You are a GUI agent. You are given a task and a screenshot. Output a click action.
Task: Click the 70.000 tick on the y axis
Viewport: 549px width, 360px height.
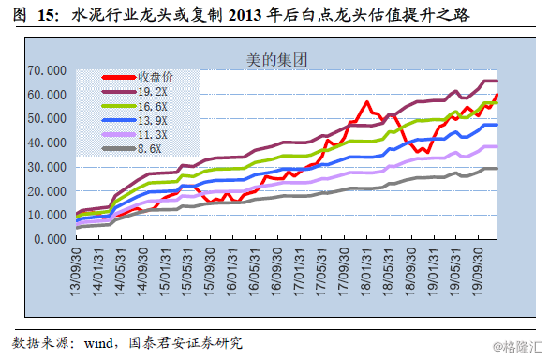(x=45, y=71)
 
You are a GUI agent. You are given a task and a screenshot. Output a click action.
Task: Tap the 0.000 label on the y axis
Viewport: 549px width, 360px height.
(x=48, y=239)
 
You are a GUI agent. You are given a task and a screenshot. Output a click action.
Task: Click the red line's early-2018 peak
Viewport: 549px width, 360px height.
(x=367, y=102)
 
